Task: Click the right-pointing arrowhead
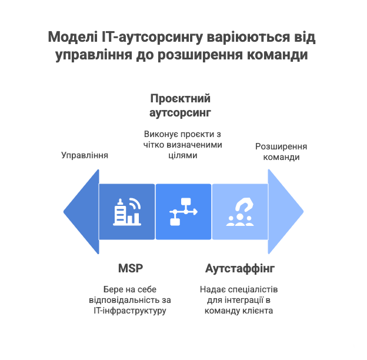[285, 212]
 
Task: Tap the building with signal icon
[127, 212]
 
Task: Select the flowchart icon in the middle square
[183, 212]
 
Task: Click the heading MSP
[131, 268]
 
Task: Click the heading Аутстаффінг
[240, 268]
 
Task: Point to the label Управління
[85, 156]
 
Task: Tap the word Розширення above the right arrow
[281, 146]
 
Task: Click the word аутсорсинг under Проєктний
[180, 112]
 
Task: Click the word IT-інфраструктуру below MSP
[130, 311]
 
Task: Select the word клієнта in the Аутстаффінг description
[256, 311]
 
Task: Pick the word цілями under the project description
[182, 156]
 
